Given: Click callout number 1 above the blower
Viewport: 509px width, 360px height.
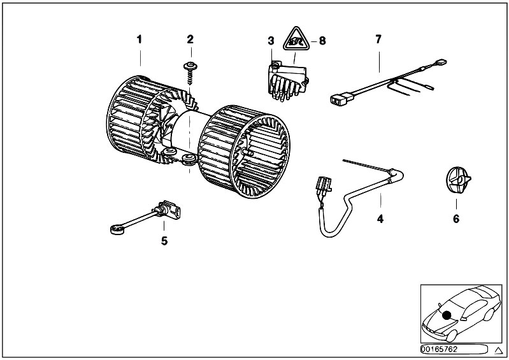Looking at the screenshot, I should click(x=140, y=40).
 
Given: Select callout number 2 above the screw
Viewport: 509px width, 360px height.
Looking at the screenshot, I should click(x=190, y=40).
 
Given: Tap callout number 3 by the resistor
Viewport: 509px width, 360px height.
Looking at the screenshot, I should click(x=271, y=41).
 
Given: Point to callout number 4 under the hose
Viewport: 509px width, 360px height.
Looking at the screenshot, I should click(x=380, y=219).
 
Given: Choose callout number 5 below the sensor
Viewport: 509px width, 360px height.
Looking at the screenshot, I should click(x=164, y=240).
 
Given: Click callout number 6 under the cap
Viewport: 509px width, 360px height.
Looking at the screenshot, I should click(x=456, y=219).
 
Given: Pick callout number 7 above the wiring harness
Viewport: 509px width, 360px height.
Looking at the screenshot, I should click(x=378, y=40).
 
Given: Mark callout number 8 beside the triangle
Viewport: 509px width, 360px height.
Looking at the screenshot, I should click(x=322, y=41).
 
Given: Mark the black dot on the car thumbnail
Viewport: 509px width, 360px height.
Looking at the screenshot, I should click(x=447, y=315).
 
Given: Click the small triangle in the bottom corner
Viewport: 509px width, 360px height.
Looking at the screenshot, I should click(x=498, y=350).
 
